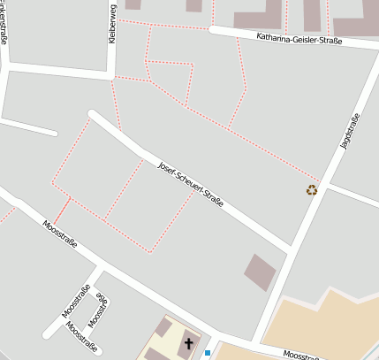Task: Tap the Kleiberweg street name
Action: pyautogui.click(x=112, y=25)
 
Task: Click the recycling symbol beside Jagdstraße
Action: pyautogui.click(x=312, y=189)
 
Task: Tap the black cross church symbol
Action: pyautogui.click(x=188, y=342)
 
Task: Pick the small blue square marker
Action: pyautogui.click(x=208, y=353)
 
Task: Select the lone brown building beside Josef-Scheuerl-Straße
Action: pyautogui.click(x=260, y=272)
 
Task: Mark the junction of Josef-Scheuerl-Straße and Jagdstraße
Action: pyautogui.click(x=288, y=255)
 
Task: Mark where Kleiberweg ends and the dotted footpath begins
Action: pyautogui.click(x=111, y=79)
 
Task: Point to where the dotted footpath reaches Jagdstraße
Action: pyautogui.click(x=320, y=182)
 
